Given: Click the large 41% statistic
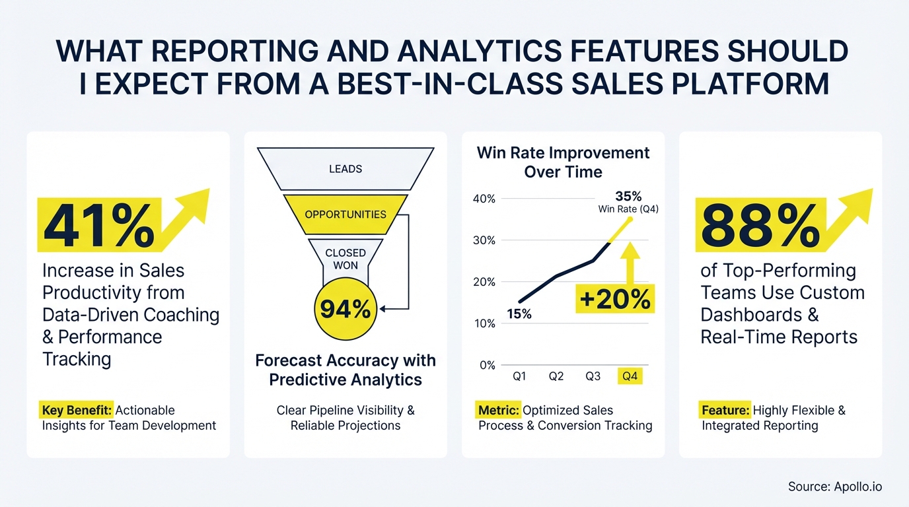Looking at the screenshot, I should [98, 225].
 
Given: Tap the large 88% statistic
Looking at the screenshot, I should [760, 225].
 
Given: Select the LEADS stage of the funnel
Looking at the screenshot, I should [345, 169].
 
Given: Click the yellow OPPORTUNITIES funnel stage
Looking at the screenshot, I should [345, 215].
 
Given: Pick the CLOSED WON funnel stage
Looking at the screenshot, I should [345, 259].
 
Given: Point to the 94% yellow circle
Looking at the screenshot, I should [345, 308].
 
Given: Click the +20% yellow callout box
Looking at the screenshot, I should [614, 299].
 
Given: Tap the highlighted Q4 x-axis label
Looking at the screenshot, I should [630, 376].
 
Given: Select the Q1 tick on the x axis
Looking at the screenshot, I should [520, 376].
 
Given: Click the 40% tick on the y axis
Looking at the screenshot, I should [484, 199].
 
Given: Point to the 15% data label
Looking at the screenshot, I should [519, 315].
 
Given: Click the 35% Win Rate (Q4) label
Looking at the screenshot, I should [628, 202].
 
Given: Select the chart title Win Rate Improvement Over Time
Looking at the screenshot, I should [563, 162].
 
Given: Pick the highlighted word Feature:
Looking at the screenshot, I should [725, 411].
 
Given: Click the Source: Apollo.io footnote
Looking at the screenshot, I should [834, 487].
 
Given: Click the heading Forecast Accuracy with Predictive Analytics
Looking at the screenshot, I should [345, 370].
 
